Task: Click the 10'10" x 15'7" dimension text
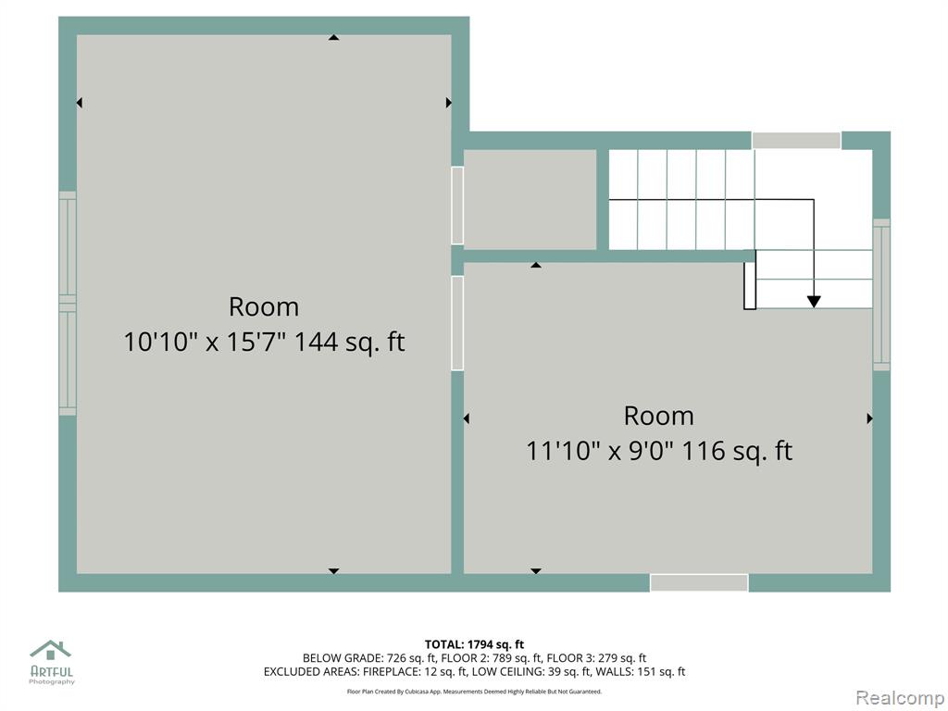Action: point(205,343)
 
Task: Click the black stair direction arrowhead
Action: point(814,301)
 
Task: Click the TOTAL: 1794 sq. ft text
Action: point(474,644)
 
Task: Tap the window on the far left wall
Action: point(68,304)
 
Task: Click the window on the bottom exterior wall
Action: point(699,582)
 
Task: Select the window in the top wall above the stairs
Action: point(796,141)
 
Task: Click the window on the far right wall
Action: point(881,294)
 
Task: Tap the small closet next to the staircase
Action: point(530,200)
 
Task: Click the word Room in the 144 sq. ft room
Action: point(264,307)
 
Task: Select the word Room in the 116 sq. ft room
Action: point(659,416)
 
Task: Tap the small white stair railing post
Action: point(750,280)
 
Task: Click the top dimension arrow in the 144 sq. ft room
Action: point(333,37)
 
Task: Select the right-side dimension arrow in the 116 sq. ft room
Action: point(870,418)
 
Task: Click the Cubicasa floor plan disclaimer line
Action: point(474,692)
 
